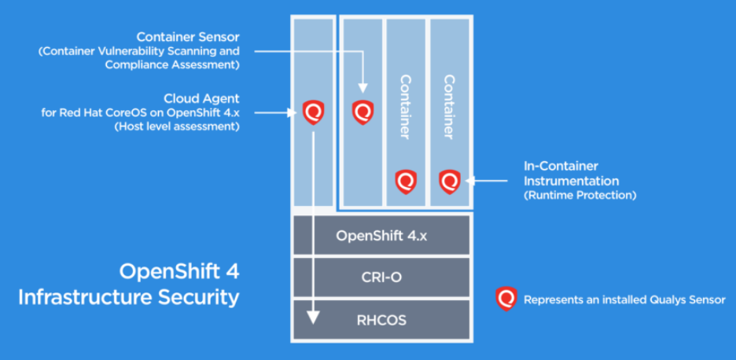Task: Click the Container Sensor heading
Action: coord(187,37)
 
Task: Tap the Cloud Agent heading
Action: coord(201,99)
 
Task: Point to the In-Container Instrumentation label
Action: coord(571,174)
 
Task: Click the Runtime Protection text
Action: coord(580,195)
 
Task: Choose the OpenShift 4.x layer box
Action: coord(381,235)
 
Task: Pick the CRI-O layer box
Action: coord(381,277)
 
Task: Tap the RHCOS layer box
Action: coord(381,319)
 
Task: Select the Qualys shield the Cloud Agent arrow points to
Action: coord(313,112)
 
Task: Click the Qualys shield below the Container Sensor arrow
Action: coord(362,112)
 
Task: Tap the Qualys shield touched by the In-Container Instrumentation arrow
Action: coord(450,181)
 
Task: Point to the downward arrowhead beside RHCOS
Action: coord(313,317)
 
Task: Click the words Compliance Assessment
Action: coord(172,64)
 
